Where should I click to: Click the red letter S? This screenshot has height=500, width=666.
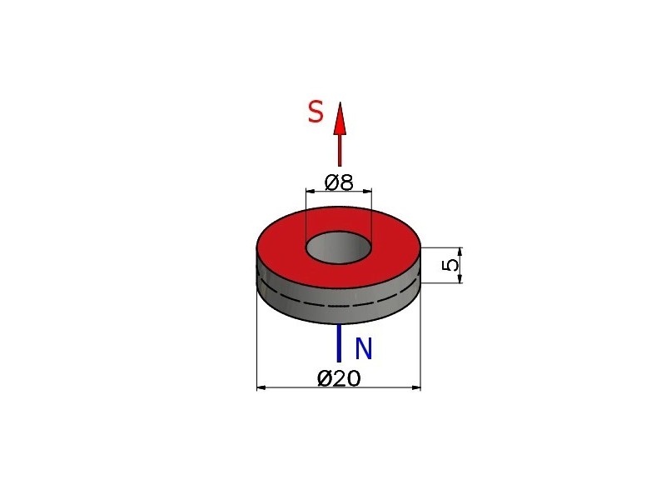pyautogui.click(x=316, y=112)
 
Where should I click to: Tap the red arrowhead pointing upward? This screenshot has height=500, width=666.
pyautogui.click(x=340, y=119)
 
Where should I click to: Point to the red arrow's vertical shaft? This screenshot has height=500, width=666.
pyautogui.click(x=340, y=151)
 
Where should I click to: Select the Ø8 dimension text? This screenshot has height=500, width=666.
pyautogui.click(x=339, y=182)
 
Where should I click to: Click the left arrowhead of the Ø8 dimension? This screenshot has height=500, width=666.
pyautogui.click(x=311, y=192)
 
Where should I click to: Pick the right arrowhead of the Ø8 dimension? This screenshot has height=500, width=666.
pyautogui.click(x=367, y=192)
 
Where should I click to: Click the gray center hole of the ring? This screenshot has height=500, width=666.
pyautogui.click(x=339, y=247)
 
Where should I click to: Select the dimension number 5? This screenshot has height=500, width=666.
pyautogui.click(x=450, y=265)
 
